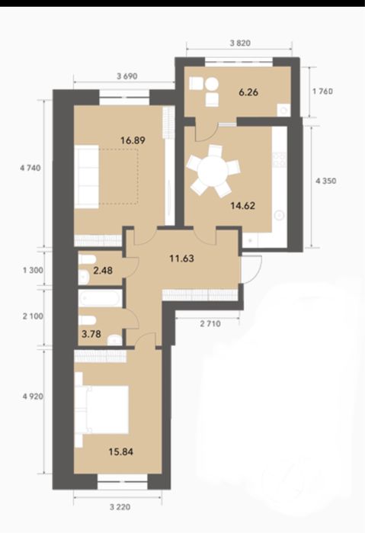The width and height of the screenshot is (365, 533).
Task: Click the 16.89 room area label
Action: point(133,140)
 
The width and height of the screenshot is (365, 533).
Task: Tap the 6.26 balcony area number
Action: point(248,92)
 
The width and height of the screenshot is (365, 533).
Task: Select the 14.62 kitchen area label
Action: point(242,206)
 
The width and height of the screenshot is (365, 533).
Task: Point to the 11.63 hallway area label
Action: point(182,258)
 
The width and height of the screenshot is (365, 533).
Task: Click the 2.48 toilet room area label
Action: point(103,271)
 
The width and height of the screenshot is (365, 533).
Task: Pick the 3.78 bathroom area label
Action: point(91,334)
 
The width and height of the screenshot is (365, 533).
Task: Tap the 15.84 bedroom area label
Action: point(120,451)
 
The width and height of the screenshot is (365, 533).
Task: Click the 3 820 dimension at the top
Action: point(240,43)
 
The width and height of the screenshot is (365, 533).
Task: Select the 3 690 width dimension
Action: point(127,76)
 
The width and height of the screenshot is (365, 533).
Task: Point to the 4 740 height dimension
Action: point(30,168)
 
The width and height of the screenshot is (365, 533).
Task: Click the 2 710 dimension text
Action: point(210,323)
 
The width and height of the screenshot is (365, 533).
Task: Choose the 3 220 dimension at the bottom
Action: point(120,507)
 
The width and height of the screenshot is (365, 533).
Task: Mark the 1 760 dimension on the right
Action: point(322,92)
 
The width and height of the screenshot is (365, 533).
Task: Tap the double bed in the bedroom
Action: point(101,409)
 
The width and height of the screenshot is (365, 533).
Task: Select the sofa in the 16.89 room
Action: point(87,176)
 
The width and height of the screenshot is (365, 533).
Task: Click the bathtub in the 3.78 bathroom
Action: point(99,298)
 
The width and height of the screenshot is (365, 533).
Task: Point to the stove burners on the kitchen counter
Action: point(279,160)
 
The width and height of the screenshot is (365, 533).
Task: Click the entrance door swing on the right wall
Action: point(251,268)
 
